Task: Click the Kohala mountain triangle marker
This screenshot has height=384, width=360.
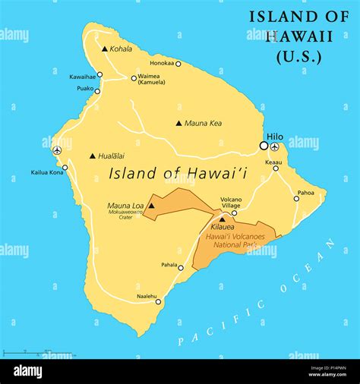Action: pyautogui.click(x=105, y=49)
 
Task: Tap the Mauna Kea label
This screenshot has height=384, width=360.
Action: pyautogui.click(x=204, y=123)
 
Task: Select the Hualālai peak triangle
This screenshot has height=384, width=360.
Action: pyautogui.click(x=93, y=156)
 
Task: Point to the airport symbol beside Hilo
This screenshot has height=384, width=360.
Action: pyautogui.click(x=274, y=146)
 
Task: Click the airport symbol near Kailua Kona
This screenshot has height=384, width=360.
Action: pyautogui.click(x=57, y=150)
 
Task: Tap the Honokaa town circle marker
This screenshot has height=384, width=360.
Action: pyautogui.click(x=178, y=64)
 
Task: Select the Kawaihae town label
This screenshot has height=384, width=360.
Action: pyautogui.click(x=81, y=77)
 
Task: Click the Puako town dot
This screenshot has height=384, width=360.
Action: pyautogui.click(x=97, y=91)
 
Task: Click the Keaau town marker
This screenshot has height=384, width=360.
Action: pyautogui.click(x=276, y=168)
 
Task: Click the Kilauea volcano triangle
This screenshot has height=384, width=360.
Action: pyautogui.click(x=222, y=219)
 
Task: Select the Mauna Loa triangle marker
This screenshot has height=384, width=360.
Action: pyautogui.click(x=150, y=206)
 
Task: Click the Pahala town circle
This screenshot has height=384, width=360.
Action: pyautogui.click(x=181, y=267)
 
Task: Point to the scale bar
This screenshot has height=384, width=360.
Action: pyautogui.click(x=27, y=353)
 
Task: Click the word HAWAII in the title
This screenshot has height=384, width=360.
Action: pyautogui.click(x=288, y=36)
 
